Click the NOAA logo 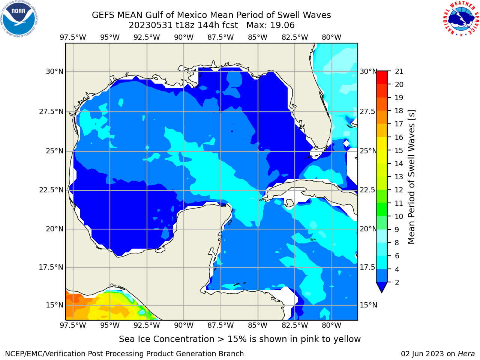(x=19, y=19)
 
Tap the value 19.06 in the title (x=282, y=25)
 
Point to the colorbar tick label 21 (x=399, y=72)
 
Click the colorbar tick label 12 (x=399, y=190)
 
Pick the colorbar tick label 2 (x=397, y=282)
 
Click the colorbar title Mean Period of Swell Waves (x=411, y=177)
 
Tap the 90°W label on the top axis (x=184, y=37)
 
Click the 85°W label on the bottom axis (x=258, y=325)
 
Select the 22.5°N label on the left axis (x=51, y=190)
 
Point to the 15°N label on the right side (x=369, y=305)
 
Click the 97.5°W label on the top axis (x=73, y=37)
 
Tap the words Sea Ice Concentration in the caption (x=166, y=339)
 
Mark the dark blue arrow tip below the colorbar (x=382, y=292)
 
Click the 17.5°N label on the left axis (x=51, y=267)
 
